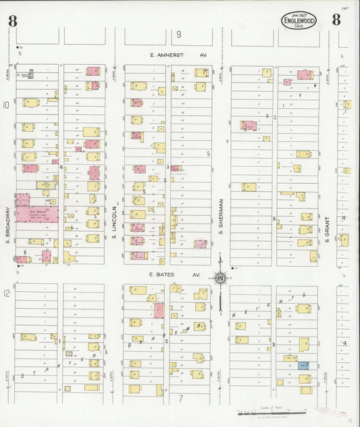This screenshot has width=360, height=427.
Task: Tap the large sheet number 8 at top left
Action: tap(13, 20)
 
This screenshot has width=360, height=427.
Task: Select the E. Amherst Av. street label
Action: tap(176, 56)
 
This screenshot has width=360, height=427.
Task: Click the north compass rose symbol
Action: tap(220, 277)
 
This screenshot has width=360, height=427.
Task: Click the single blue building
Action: tap(303, 366)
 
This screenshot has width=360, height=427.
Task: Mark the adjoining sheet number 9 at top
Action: tap(179, 34)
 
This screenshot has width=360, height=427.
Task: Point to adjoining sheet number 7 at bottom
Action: tap(180, 398)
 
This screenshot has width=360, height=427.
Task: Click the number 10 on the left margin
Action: tap(6, 105)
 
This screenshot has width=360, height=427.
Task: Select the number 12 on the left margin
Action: tap(6, 293)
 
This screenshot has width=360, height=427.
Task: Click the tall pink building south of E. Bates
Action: tap(159, 310)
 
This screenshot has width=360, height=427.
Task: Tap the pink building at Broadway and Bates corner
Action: tap(20, 259)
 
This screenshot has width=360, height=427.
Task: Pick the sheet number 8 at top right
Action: tap(336, 20)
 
